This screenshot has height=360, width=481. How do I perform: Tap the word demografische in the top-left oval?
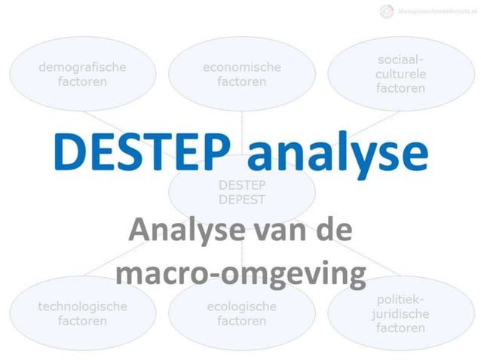coord(82,67)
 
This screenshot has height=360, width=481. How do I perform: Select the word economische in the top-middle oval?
coord(241,67)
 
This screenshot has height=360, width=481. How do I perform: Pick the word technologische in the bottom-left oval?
coord(82,307)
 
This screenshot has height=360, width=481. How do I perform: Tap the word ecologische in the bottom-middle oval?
coord(241,307)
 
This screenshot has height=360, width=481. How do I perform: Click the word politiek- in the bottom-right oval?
coord(400,299)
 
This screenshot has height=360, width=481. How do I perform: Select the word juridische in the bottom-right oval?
coord(400,313)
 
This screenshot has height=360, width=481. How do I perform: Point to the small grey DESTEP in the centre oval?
coord(241,185)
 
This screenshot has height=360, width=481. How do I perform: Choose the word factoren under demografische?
coord(82,81)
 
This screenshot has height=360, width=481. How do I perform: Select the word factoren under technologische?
coord(82,321)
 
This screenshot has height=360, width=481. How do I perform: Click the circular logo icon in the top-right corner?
coord(387,11)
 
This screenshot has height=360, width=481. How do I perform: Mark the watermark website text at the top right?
coord(435,11)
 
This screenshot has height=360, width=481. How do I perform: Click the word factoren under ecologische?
coord(241,321)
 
